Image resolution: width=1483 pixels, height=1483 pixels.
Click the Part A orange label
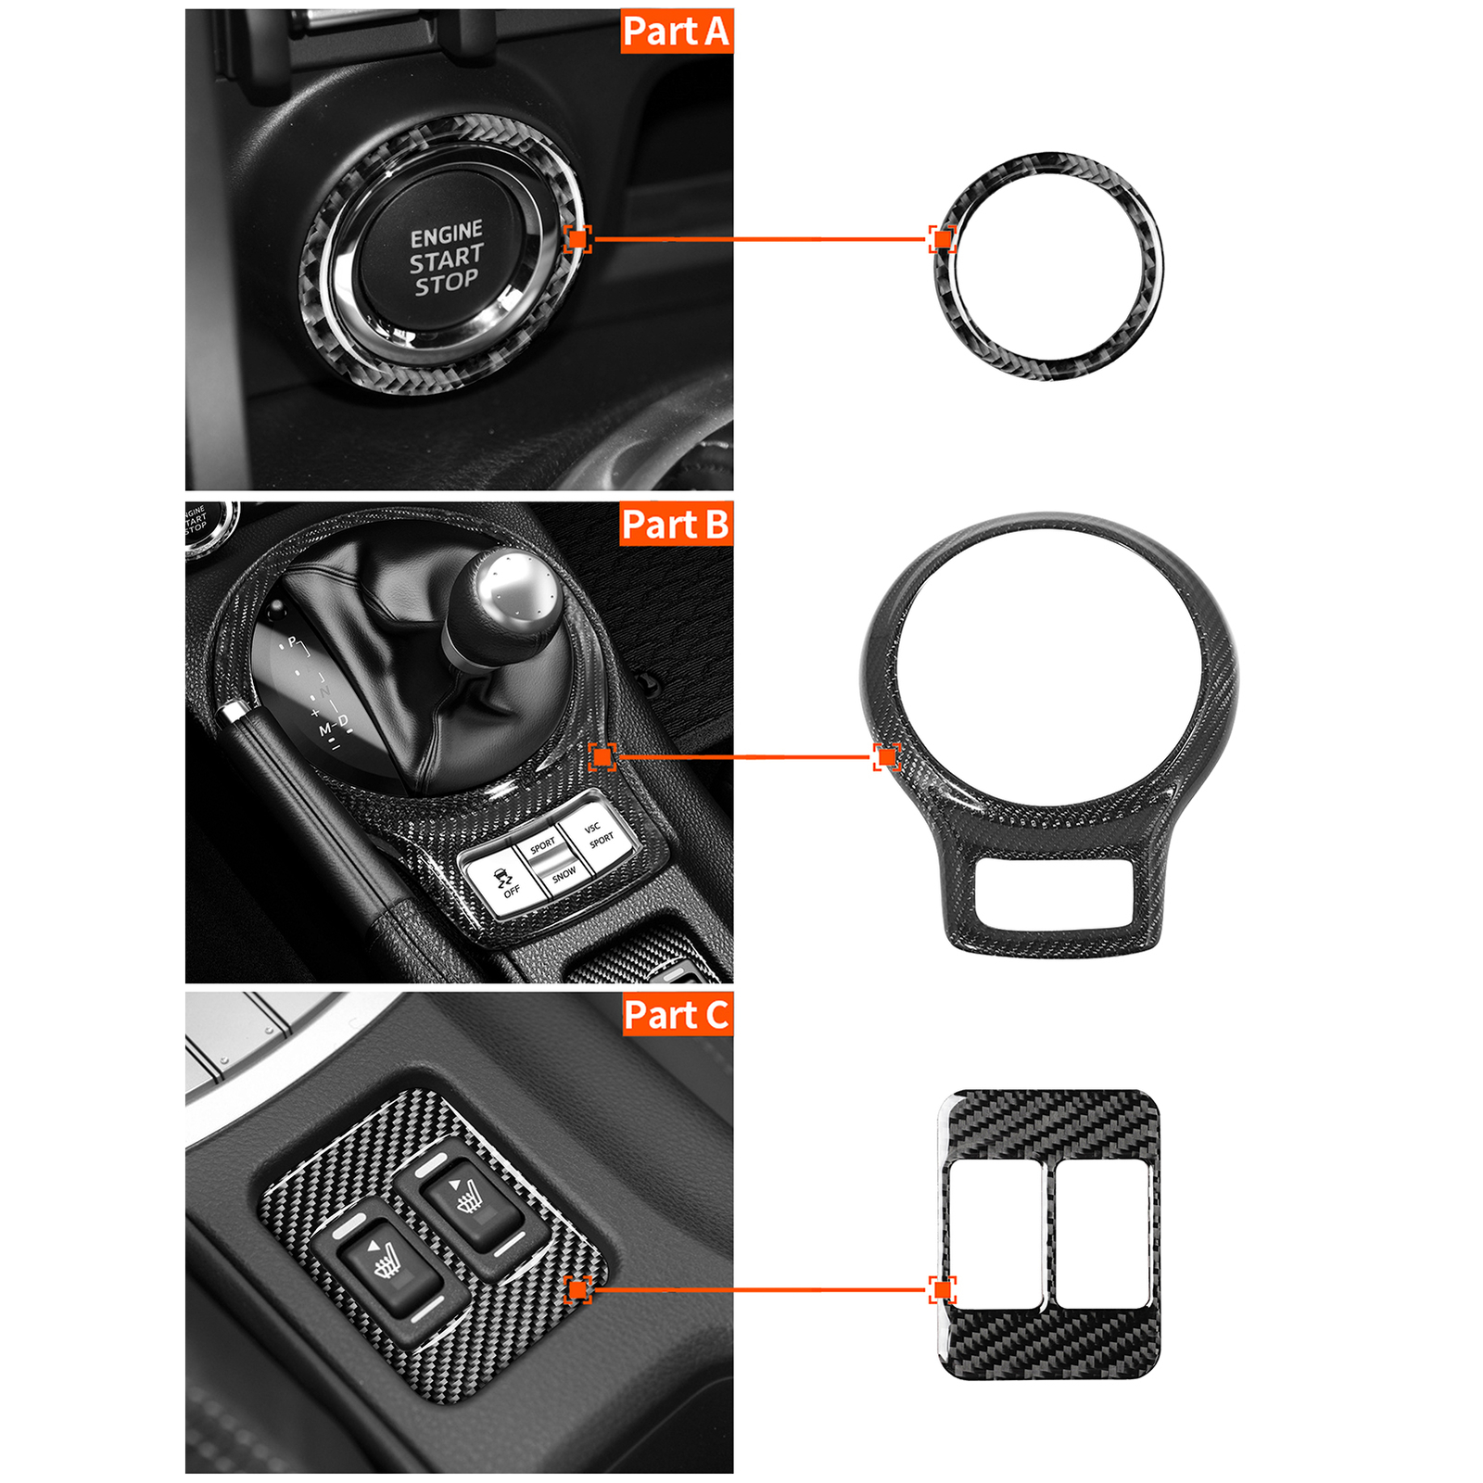click(677, 32)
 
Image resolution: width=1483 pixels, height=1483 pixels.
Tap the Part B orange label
click(677, 525)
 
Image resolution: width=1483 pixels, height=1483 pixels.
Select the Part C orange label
click(677, 1015)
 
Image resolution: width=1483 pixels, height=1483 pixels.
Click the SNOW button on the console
click(563, 874)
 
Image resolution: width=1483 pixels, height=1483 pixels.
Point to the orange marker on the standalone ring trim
click(943, 239)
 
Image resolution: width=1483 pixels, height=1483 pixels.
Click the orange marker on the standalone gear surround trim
click(887, 757)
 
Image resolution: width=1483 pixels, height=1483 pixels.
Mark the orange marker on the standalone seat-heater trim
click(943, 1289)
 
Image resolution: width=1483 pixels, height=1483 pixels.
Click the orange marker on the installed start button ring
click(577, 239)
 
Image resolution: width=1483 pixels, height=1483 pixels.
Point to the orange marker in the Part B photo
click(602, 757)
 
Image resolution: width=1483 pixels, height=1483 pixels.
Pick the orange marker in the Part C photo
click(577, 1289)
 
